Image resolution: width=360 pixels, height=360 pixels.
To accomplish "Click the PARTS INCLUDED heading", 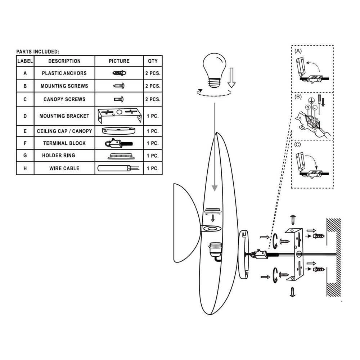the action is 38,51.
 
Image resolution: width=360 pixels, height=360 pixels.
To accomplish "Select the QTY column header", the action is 153,61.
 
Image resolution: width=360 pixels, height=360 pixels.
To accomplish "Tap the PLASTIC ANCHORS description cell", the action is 64,73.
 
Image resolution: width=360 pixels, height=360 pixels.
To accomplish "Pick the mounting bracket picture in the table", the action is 120,116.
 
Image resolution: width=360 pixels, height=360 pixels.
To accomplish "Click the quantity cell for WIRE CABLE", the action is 153,168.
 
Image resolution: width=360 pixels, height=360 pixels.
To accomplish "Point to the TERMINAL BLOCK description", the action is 64,143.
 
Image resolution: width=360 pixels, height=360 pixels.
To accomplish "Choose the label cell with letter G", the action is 25,156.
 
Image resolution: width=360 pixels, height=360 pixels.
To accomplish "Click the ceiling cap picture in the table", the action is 119,131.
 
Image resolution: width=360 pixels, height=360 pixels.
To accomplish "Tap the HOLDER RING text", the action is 59,156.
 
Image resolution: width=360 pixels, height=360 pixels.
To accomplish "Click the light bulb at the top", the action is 215,70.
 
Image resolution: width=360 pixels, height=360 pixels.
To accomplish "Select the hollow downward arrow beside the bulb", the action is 231,78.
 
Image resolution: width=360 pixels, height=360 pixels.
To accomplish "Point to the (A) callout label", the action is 298,51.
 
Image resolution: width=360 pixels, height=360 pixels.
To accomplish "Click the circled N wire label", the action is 308,107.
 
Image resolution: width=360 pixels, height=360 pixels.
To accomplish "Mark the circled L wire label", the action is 315,107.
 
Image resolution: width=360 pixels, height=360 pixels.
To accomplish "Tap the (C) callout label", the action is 297,145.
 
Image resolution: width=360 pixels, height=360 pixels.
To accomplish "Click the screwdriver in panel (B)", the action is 319,104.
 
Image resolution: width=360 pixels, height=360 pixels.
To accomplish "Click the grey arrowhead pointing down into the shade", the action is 215,188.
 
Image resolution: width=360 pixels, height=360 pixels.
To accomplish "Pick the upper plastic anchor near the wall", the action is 319,236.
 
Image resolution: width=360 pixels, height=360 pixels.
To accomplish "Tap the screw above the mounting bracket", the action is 293,220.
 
